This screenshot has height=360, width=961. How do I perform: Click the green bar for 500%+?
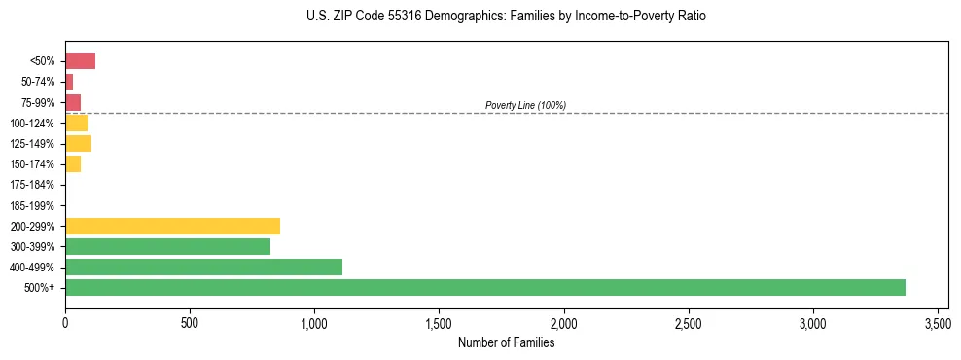(484, 287)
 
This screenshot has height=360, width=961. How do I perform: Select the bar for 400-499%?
(203, 267)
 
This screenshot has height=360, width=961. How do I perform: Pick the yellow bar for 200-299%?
(172, 226)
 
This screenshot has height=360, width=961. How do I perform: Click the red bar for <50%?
(80, 61)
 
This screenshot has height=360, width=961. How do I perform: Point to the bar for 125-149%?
(78, 144)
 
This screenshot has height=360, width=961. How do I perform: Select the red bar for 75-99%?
(73, 102)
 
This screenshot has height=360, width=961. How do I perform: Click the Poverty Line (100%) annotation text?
(525, 105)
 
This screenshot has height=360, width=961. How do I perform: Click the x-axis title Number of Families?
(505, 342)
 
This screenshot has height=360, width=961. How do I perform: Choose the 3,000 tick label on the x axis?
(812, 322)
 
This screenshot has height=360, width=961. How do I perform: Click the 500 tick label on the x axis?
(190, 322)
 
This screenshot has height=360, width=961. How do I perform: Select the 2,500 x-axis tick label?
(688, 322)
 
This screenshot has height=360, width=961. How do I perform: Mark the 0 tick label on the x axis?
(65, 322)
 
